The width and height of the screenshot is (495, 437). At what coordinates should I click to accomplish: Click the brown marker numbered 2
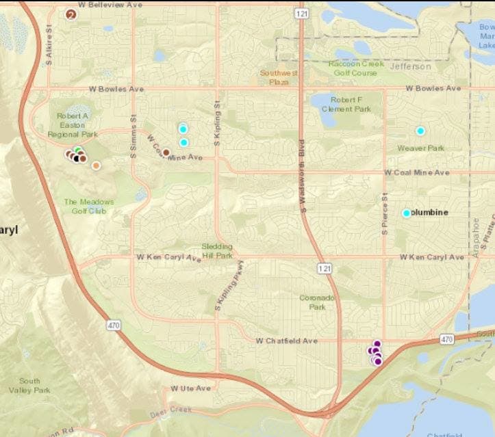[x=71, y=14]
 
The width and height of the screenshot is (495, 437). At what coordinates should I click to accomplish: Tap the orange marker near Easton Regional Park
[x=96, y=165]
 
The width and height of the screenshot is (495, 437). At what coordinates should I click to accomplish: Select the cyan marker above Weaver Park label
[x=420, y=131]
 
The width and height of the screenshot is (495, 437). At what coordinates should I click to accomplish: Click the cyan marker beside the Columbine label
[x=406, y=213]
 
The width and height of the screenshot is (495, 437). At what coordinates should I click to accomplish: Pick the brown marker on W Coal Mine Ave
[x=166, y=153]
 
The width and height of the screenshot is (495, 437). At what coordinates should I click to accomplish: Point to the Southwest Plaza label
[x=273, y=76]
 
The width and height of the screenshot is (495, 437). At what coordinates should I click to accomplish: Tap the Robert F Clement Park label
[x=350, y=104]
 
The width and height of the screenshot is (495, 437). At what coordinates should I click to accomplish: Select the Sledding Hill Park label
[x=218, y=250]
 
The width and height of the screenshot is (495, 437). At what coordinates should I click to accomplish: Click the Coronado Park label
[x=316, y=302]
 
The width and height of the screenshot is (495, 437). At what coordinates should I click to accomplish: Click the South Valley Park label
[x=29, y=385]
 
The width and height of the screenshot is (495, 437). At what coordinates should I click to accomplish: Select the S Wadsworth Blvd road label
[x=301, y=175]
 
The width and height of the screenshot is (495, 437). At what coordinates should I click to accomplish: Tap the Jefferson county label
[x=411, y=67]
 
